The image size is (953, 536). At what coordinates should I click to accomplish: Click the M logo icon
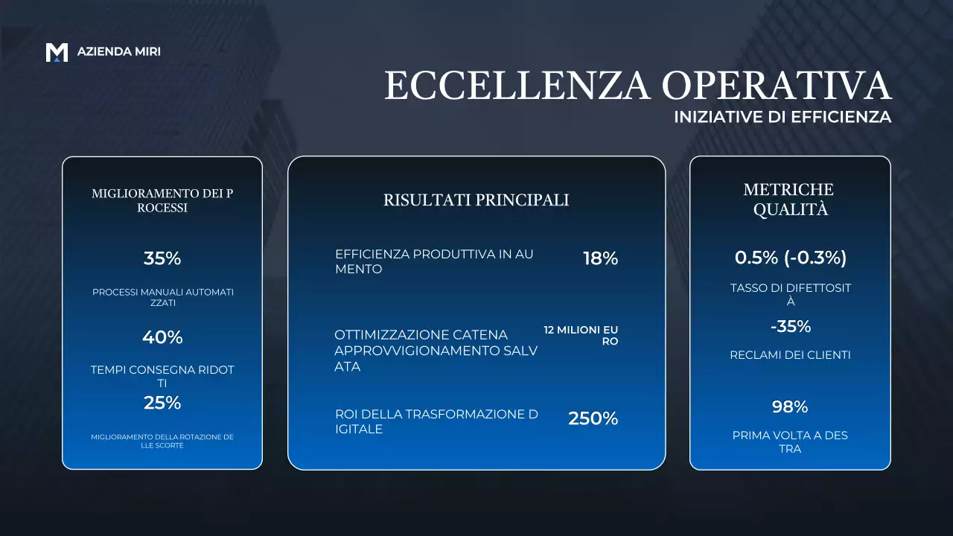pyautogui.click(x=57, y=52)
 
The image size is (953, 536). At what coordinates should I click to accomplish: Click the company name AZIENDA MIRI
pyautogui.click(x=119, y=52)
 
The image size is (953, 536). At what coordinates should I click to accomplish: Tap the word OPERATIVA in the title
pyautogui.click(x=777, y=86)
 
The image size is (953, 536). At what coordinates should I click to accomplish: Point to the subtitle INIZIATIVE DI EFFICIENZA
pyautogui.click(x=783, y=117)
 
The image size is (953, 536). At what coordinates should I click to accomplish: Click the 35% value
pyautogui.click(x=162, y=258)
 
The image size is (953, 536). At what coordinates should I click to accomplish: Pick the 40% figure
pyautogui.click(x=162, y=337)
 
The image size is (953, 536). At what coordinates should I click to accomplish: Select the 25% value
pyautogui.click(x=162, y=403)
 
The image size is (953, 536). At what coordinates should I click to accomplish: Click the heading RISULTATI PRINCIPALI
pyautogui.click(x=476, y=200)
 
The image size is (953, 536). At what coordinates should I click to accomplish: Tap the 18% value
pyautogui.click(x=600, y=258)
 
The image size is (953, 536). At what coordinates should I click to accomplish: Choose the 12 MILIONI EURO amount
pyautogui.click(x=581, y=336)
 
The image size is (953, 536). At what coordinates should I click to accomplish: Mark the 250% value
pyautogui.click(x=593, y=418)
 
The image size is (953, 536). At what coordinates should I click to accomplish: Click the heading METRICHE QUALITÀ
pyautogui.click(x=790, y=200)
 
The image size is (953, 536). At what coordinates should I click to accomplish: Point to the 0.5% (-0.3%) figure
pyautogui.click(x=790, y=258)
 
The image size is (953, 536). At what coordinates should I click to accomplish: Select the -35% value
pyautogui.click(x=790, y=326)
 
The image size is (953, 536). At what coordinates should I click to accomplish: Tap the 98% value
pyautogui.click(x=790, y=406)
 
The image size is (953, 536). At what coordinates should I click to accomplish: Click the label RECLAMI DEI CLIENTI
pyautogui.click(x=790, y=355)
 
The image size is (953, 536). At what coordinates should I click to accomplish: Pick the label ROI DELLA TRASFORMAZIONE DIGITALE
pyautogui.click(x=436, y=421)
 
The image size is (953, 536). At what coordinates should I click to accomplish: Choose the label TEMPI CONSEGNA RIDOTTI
pyautogui.click(x=162, y=376)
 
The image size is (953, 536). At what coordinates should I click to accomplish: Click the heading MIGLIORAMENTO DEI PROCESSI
pyautogui.click(x=162, y=200)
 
